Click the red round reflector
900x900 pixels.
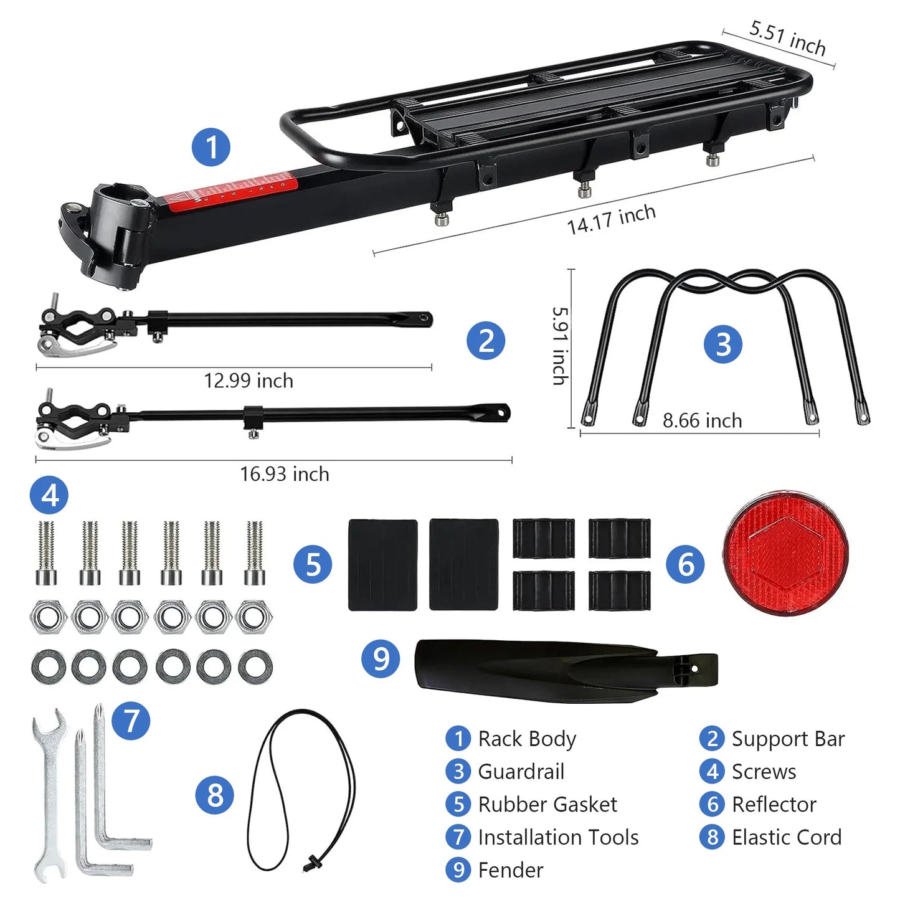coord(785,552)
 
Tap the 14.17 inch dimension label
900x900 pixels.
coord(611,219)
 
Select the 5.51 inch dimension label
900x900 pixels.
coord(787,37)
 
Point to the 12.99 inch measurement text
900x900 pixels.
coord(249,381)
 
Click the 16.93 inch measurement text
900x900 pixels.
coord(285,474)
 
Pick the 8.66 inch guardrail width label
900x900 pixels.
coord(702,420)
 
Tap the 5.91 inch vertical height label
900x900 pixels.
coord(561,346)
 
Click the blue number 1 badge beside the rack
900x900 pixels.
coord(211,147)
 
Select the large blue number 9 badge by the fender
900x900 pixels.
coord(381,658)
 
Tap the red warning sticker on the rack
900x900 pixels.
coord(230,190)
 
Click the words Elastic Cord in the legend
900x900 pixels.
coord(787,837)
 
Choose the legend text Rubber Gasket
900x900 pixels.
coord(547,804)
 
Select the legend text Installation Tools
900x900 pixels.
coord(558,837)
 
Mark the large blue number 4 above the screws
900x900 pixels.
coord(49,495)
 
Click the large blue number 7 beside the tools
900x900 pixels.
coord(131,721)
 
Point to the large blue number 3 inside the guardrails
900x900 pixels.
coord(722,343)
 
